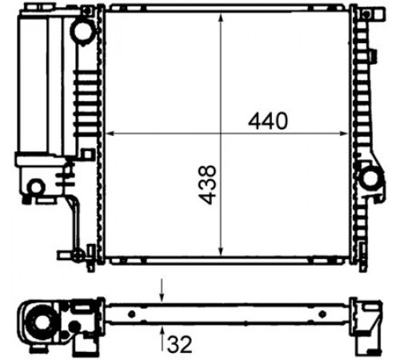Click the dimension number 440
pyautogui.click(x=268, y=121)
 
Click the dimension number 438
pyautogui.click(x=207, y=185)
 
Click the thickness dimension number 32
pyautogui.click(x=179, y=344)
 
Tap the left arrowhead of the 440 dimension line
pyautogui.click(x=110, y=134)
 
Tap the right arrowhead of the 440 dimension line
pyautogui.click(x=345, y=134)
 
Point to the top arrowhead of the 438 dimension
pyautogui.click(x=221, y=18)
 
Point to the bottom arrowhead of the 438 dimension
pyautogui.click(x=221, y=251)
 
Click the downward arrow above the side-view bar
pyautogui.click(x=162, y=290)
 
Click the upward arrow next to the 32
pyautogui.click(x=162, y=338)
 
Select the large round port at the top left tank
pyautogui.click(x=84, y=30)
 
